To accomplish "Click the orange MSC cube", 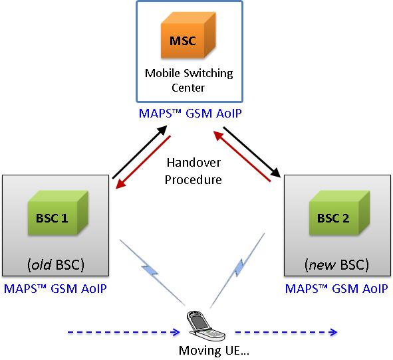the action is [x=188, y=35].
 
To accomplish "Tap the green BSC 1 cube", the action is [x=58, y=213].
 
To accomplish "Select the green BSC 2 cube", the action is [x=339, y=213].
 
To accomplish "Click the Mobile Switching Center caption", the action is [x=189, y=80].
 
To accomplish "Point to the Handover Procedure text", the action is [x=194, y=171].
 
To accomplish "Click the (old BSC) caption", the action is [x=56, y=265].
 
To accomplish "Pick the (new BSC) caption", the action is [x=336, y=265].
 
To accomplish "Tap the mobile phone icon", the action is [x=205, y=326].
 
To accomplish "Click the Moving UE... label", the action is [x=214, y=350].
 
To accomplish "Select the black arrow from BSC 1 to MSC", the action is [x=140, y=152].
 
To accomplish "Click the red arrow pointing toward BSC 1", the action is [x=143, y=162].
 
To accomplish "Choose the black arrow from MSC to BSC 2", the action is [x=251, y=152].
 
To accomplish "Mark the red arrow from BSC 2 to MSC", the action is [x=242, y=156].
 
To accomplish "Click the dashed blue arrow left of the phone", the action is [x=124, y=333].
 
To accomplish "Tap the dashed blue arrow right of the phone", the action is [x=286, y=333].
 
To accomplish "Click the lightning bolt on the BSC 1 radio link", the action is [x=150, y=270].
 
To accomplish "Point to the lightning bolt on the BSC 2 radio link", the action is [x=239, y=268].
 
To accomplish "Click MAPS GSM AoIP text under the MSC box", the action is [x=190, y=114].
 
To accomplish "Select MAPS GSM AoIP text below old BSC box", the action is [x=55, y=289].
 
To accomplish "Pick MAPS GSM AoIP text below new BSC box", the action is [x=336, y=289].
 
